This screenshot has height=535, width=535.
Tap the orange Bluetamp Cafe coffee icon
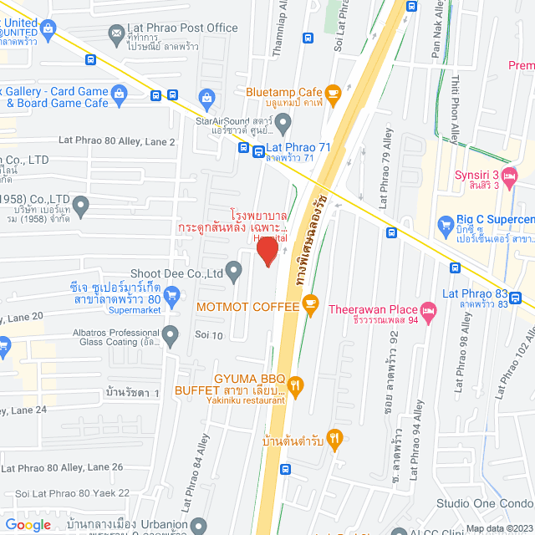click(x=333, y=92)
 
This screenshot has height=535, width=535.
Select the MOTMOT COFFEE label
click(x=247, y=307)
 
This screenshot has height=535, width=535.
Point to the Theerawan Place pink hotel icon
click(x=429, y=311)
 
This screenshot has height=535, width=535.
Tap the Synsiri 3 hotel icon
click(x=511, y=176)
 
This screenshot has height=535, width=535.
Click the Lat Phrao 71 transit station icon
click(x=243, y=150)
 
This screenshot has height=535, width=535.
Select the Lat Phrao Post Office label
click(x=184, y=28)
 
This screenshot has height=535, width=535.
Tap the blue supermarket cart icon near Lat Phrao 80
click(x=172, y=294)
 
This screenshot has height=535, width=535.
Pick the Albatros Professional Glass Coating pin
click(x=171, y=336)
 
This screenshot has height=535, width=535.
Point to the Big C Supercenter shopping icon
click(x=446, y=225)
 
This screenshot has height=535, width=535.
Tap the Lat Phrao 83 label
click(x=475, y=293)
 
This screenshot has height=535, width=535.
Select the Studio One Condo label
click(x=485, y=503)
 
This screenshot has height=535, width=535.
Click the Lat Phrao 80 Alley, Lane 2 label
click(x=116, y=142)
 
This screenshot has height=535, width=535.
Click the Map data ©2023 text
click(x=497, y=528)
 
